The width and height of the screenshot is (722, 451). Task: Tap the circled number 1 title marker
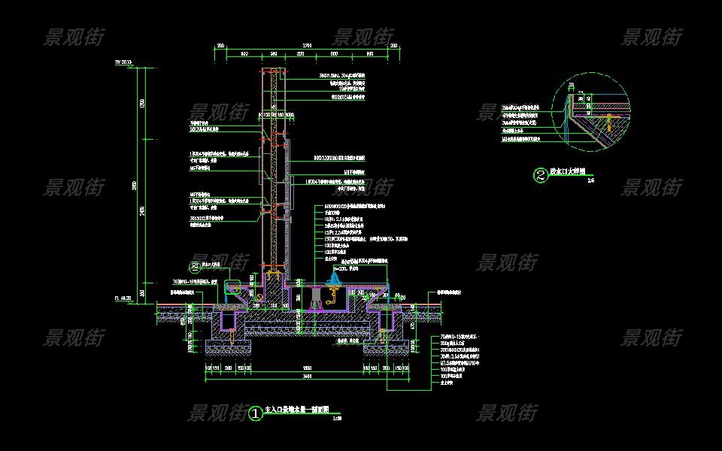tap(256, 413)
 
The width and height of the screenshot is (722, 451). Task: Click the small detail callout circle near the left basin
tap(196, 266)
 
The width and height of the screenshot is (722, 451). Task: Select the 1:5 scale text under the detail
tap(590, 181)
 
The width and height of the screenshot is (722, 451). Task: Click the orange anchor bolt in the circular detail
tap(605, 120)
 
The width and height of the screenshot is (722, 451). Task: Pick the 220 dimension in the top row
tap(300, 54)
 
